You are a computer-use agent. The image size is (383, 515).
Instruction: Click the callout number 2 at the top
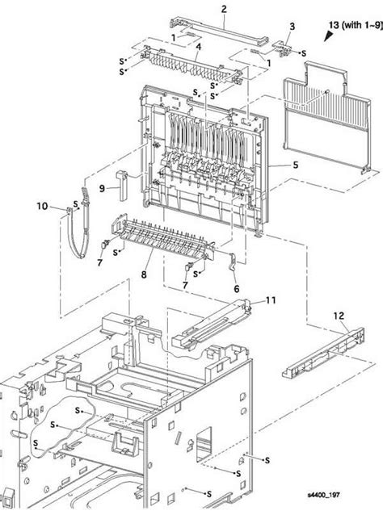(201, 9)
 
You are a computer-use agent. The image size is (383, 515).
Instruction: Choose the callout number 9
(102, 189)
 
